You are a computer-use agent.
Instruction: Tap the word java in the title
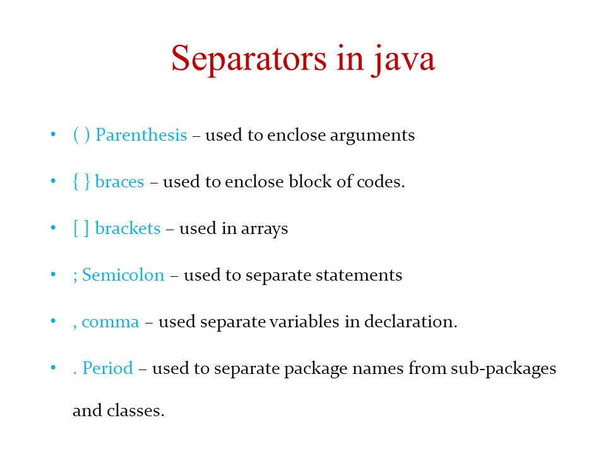404,61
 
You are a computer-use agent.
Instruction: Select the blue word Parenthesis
141,135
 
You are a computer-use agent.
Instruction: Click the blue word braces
119,182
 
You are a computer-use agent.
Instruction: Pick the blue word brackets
128,228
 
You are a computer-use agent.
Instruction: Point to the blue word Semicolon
123,275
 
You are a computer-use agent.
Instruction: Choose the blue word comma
110,322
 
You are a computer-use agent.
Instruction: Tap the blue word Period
108,368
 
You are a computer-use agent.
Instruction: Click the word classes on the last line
135,410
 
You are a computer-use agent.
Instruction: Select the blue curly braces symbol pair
81,182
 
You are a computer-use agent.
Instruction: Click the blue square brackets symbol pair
81,228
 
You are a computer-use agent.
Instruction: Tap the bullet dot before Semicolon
53,274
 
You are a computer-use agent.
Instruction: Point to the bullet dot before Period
53,368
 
